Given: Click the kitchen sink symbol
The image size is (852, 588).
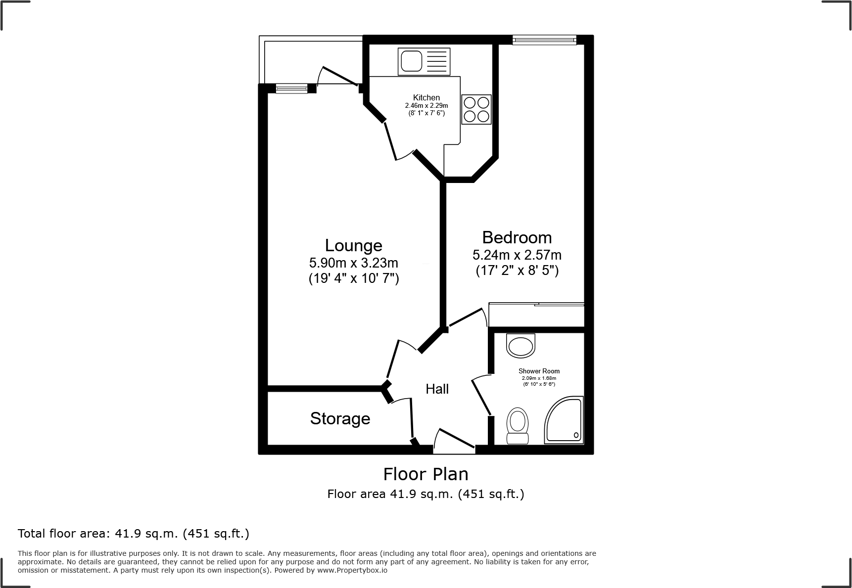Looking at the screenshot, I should point(424,62).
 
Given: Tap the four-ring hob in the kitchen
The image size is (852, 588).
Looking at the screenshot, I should point(476,109).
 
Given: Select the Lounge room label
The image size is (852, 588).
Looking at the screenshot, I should point(353,245).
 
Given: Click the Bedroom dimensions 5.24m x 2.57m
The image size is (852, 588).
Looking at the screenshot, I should point(517,255).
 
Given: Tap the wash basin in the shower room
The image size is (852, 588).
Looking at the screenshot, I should point(521,345).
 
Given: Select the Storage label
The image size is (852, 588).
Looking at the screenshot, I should point(340,418).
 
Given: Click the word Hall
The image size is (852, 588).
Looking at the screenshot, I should point(437,389).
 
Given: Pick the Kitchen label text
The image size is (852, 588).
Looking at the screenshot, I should point(426,97).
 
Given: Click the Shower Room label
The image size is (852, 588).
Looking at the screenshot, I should point(539,371).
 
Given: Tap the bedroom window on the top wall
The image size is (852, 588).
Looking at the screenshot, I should point(544,40).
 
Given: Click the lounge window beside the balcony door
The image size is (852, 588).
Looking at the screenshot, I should point(291,89).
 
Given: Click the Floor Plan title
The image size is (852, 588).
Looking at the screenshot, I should point(426,474).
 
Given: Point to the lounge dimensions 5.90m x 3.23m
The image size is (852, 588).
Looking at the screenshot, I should point(353,263).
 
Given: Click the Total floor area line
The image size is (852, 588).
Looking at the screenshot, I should point(133,534).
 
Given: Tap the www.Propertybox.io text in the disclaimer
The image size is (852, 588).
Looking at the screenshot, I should point(352,570).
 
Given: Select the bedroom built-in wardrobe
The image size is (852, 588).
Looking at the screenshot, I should point(536,315).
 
